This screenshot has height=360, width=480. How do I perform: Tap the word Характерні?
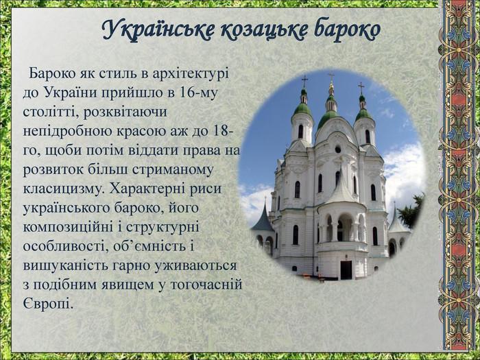[145, 189]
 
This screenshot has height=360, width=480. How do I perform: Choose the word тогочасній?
[206, 285]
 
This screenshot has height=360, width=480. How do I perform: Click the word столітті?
[50, 112]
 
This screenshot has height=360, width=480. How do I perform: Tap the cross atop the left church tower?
[304, 81]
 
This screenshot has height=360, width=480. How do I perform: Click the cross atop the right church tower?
[361, 88]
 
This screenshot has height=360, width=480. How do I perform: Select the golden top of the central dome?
[331, 88]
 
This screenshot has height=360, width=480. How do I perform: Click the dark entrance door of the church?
[346, 269]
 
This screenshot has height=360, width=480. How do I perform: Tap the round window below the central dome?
[337, 149]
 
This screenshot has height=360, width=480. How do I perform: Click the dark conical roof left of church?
[263, 218]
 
